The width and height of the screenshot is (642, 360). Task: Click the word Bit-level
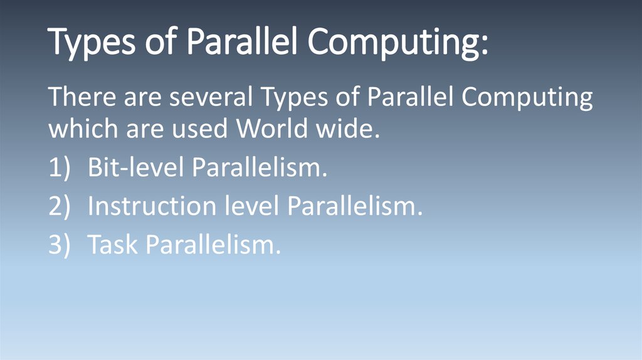pyautogui.click(x=135, y=168)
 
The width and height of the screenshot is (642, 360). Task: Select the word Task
pyautogui.click(x=113, y=245)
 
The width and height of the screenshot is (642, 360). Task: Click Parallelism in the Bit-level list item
pyautogui.click(x=260, y=168)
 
